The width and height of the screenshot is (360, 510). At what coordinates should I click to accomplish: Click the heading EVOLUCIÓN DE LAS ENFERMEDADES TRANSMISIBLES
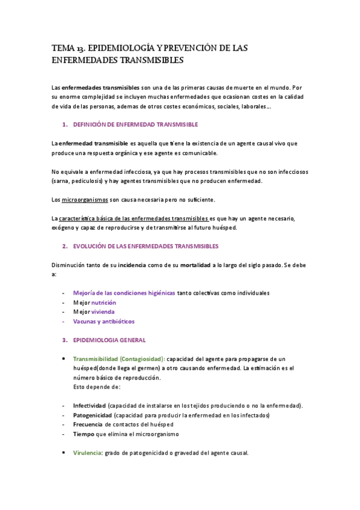pos(145,246)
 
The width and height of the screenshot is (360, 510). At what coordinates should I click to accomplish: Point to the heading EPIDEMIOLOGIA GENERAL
pos(109,340)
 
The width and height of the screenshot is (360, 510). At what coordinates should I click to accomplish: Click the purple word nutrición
pos(103,303)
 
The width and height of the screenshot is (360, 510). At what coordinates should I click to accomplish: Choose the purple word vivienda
pos(103,312)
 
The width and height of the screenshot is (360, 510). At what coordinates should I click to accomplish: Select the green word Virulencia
pos(87,453)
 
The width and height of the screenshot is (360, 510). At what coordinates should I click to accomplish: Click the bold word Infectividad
pos(90,406)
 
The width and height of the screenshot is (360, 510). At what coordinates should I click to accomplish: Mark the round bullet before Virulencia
pos(64,453)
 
